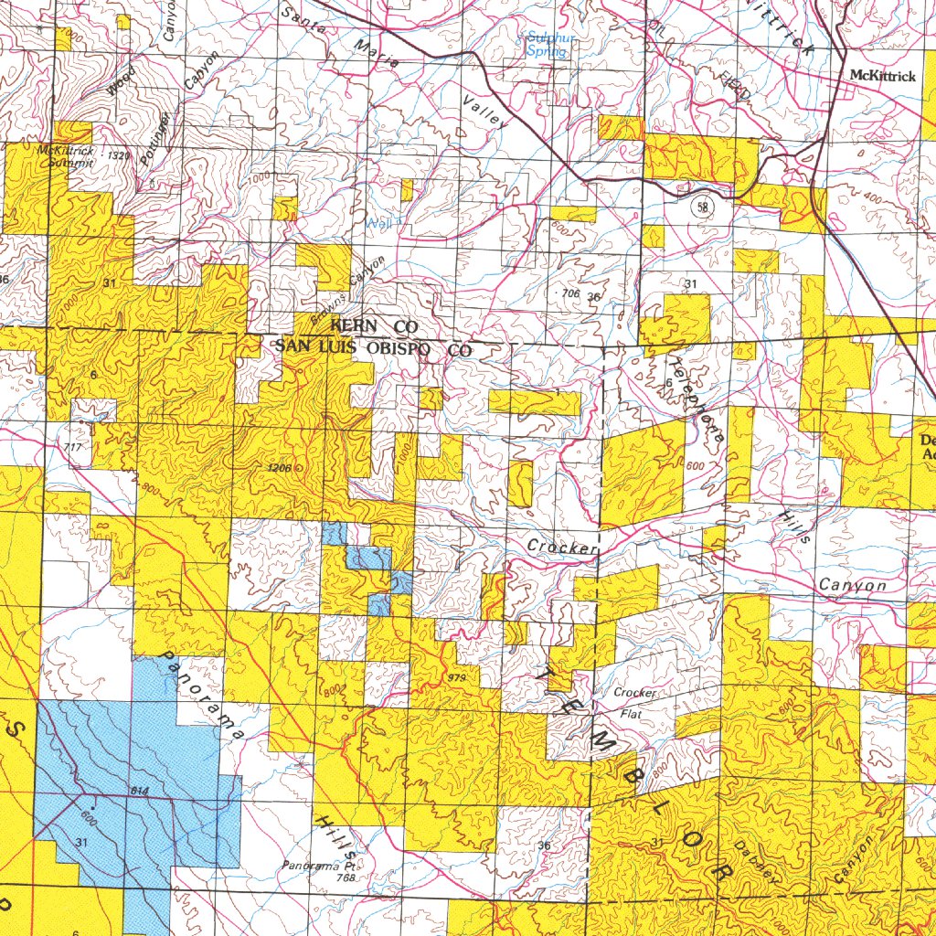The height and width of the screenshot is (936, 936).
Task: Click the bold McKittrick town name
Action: pyautogui.click(x=881, y=76)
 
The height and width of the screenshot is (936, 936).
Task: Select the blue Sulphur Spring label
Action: pyautogui.click(x=547, y=45)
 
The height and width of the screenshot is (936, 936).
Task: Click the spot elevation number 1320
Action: pyautogui.click(x=118, y=156)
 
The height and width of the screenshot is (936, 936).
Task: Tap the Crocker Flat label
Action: pyautogui.click(x=634, y=702)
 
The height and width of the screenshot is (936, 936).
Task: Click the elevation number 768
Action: pyautogui.click(x=345, y=877)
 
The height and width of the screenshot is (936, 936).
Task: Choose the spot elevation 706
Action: pyautogui.click(x=570, y=293)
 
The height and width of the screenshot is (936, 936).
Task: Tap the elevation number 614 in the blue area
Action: pyautogui.click(x=139, y=790)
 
